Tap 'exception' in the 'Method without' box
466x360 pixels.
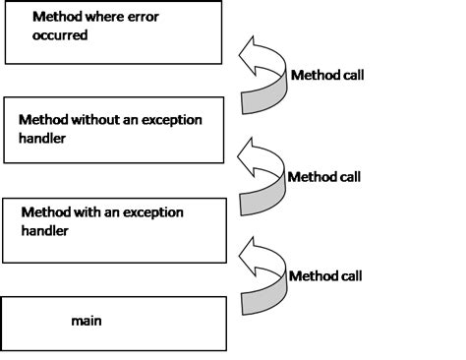173,119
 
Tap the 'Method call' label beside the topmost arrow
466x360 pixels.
327,76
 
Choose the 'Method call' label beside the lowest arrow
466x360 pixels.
325,275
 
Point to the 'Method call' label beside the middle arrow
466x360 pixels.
323,177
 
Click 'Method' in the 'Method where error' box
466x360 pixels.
57,18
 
